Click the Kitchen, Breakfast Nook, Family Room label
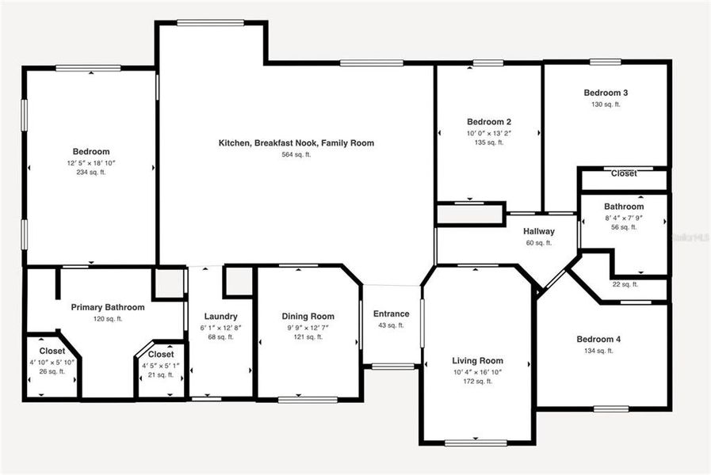[x=296, y=143]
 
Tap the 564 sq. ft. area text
[x=296, y=155]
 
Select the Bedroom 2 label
[x=488, y=122]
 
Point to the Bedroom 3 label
[x=606, y=92]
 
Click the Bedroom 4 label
[x=598, y=340]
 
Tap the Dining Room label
[x=310, y=316]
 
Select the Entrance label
[x=391, y=313]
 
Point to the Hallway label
[x=539, y=231]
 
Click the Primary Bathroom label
[x=108, y=307]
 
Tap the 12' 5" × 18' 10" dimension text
[x=91, y=162]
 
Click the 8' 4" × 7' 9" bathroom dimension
[x=623, y=217]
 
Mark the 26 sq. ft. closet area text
[x=52, y=371]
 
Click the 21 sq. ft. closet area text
[x=160, y=374]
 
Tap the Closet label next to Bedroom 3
[x=624, y=173]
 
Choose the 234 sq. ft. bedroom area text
[x=91, y=172]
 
